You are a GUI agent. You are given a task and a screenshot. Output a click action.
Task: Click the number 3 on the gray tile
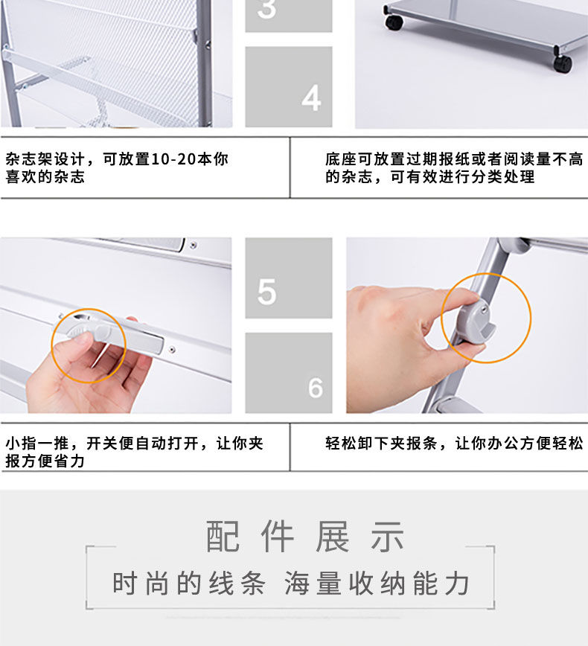tap(266, 8)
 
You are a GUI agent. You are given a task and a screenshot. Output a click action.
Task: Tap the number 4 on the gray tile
tap(312, 98)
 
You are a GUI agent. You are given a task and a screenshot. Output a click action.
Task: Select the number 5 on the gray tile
tap(266, 292)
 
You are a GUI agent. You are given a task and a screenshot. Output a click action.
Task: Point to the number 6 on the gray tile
tap(316, 388)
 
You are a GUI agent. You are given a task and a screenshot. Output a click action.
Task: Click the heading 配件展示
tap(305, 536)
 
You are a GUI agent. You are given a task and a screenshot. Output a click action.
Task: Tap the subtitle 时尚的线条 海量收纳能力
tap(291, 583)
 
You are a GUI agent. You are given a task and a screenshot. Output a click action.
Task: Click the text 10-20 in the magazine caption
tap(174, 159)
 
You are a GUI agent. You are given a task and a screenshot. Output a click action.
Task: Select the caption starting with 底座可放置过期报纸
tap(454, 167)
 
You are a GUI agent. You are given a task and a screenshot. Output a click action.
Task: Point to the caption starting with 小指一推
tap(134, 452)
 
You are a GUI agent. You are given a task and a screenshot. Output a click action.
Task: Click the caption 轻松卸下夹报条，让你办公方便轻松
tap(454, 444)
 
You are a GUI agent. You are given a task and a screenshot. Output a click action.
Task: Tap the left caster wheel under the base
tap(394, 22)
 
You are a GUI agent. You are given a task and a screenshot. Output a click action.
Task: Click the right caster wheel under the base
tap(563, 63)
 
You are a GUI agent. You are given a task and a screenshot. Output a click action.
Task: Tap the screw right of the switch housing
tap(172, 350)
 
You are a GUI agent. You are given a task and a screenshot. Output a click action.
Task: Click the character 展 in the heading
tap(332, 536)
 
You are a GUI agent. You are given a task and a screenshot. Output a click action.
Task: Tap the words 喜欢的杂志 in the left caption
tap(45, 176)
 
